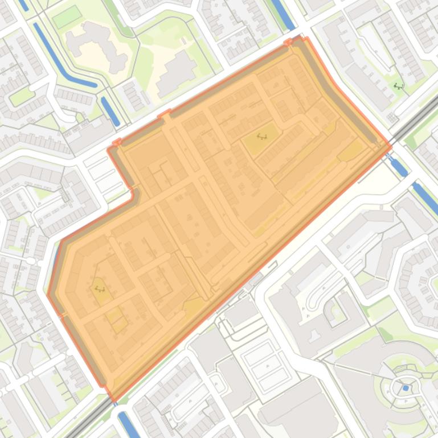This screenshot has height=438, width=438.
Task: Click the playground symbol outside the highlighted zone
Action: [398, 86]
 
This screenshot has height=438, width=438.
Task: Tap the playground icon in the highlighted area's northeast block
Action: [263, 137]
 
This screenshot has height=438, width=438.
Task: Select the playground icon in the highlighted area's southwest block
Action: [100, 288]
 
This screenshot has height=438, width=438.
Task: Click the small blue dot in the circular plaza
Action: [406, 388]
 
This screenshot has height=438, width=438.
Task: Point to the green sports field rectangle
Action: [67, 17]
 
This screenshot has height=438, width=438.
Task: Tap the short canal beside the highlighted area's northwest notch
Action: [110, 110]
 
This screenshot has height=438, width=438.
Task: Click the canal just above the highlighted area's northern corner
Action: [283, 14]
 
